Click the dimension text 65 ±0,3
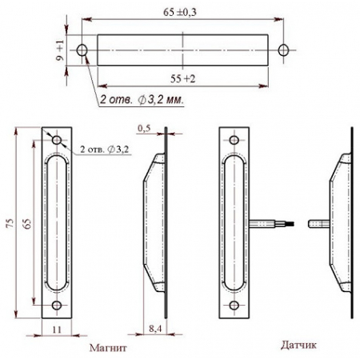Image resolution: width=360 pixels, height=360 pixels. (x=180, y=12)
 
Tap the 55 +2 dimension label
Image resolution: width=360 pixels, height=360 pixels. (x=182, y=78)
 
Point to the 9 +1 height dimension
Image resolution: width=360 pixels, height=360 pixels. (x=61, y=50)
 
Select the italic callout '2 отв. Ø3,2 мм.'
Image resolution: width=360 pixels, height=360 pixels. (x=142, y=100)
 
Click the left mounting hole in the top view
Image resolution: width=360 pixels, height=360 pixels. (x=82, y=50)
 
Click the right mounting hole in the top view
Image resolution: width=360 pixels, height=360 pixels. (x=283, y=50)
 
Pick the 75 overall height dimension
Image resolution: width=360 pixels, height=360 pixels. (x=10, y=223)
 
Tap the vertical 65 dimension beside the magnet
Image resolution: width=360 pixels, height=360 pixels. (x=27, y=223)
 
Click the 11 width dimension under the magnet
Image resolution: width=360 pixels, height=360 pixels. (x=57, y=330)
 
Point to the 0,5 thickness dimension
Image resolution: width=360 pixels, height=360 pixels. (x=144, y=128)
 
